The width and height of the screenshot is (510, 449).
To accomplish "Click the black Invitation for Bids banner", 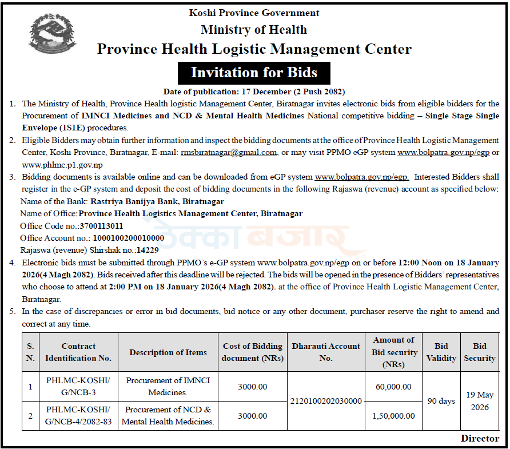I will pyautogui.click(x=254, y=73).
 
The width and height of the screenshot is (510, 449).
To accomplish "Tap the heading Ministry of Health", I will pyautogui.click(x=254, y=30).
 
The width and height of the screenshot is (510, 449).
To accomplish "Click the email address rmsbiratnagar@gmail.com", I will pyautogui.click(x=229, y=153).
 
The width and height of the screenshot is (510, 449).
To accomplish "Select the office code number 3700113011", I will pyautogui.click(x=101, y=226).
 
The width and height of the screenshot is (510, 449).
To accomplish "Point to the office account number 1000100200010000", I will pyautogui.click(x=128, y=238).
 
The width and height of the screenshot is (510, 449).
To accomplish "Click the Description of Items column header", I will pyautogui.click(x=168, y=352).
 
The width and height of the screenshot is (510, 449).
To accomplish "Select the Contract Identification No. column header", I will pyautogui.click(x=78, y=352).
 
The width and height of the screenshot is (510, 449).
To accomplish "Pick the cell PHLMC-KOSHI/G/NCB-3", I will pyautogui.click(x=78, y=387).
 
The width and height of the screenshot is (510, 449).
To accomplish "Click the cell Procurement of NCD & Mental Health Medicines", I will pyautogui.click(x=168, y=416).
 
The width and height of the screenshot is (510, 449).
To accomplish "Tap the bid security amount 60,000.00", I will pyautogui.click(x=393, y=387).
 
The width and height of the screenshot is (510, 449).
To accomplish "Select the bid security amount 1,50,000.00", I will pyautogui.click(x=393, y=416).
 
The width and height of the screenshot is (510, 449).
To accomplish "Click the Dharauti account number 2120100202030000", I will pyautogui.click(x=326, y=401).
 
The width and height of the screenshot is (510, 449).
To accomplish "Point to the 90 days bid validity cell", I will pyautogui.click(x=441, y=401).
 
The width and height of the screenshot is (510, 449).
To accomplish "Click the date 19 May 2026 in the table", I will pyautogui.click(x=480, y=401).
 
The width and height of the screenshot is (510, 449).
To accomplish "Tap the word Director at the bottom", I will pyautogui.click(x=480, y=439).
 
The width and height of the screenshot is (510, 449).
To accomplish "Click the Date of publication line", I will pyautogui.click(x=254, y=92).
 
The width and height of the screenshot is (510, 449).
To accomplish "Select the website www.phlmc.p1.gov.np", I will pyautogui.click(x=61, y=165).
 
